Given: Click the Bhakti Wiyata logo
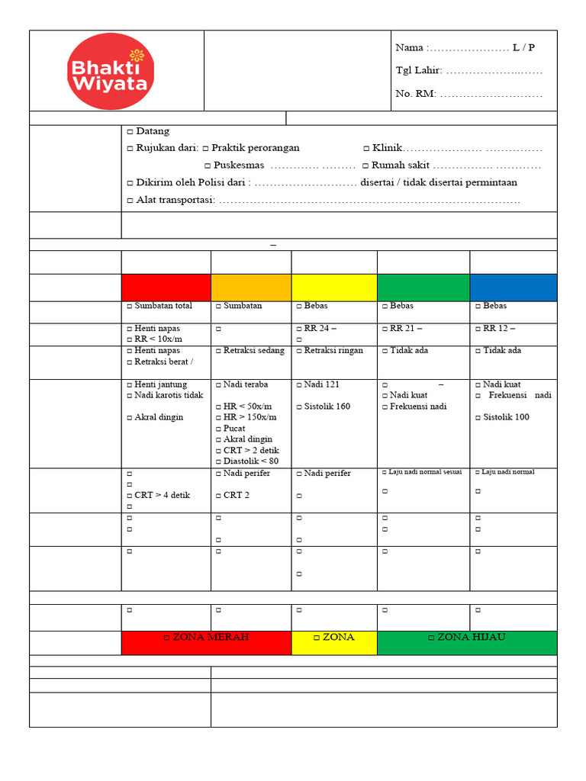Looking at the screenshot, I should (111, 71).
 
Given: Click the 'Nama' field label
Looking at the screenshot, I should (411, 48).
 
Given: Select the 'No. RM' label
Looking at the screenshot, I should (415, 94).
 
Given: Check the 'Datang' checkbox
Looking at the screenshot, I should (130, 132).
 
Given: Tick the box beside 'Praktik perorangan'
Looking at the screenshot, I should (206, 148).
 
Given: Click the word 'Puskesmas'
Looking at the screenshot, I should (239, 166).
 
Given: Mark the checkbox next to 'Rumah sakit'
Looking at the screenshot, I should (366, 166).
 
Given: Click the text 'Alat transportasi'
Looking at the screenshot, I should (175, 200).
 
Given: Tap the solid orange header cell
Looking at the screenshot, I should (251, 288).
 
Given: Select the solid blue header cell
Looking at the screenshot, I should (513, 288).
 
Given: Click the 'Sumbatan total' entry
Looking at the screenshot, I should (163, 306).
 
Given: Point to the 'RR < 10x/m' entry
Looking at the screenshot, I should (159, 339).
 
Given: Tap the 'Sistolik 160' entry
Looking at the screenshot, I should (327, 407).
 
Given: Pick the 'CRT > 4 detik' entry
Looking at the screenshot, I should (162, 495).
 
